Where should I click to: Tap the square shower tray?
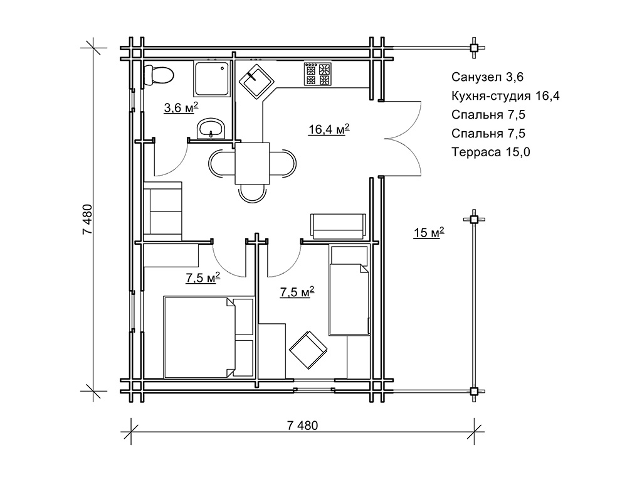point(212,79)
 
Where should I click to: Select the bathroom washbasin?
point(211,129)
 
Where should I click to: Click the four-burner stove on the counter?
point(317,74)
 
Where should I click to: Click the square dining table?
point(252,163)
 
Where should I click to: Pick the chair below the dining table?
point(252,193)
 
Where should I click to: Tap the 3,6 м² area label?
point(181,108)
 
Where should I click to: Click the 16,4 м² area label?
point(329,129)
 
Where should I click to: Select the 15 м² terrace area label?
point(429,232)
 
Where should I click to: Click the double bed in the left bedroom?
point(208,337)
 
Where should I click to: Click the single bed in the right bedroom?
point(349,290)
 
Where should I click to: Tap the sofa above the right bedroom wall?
point(338,226)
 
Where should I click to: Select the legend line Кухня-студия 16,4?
point(506,96)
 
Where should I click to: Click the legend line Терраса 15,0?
point(491,152)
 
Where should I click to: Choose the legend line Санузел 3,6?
point(488,77)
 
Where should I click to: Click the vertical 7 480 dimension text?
point(88,219)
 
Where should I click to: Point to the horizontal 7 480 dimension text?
point(302,426)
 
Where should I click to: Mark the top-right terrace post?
point(474,48)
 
